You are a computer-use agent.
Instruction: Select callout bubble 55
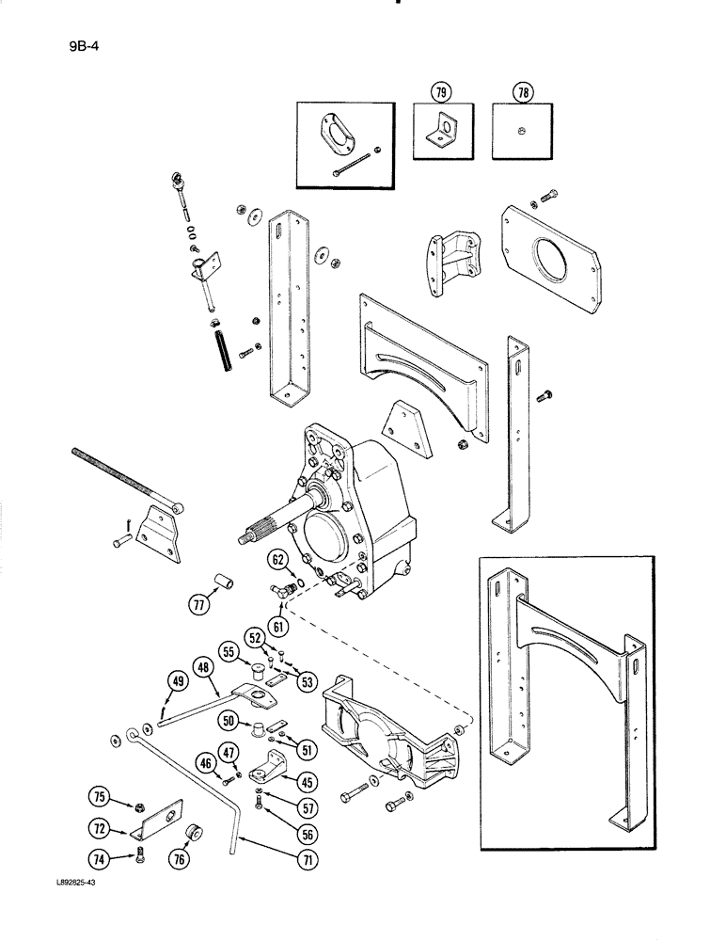229,649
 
